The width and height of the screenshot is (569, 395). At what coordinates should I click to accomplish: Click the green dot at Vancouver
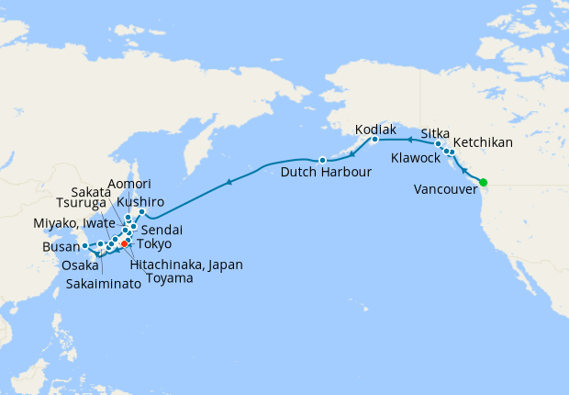pyautogui.click(x=483, y=181)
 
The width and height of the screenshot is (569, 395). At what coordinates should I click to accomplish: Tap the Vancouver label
pyautogui.click(x=446, y=189)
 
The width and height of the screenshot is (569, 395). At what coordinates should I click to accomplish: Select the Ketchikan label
pyautogui.click(x=483, y=142)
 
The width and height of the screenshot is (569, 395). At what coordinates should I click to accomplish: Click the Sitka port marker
pyautogui.click(x=439, y=144)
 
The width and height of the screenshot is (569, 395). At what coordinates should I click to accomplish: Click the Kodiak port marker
pyautogui.click(x=374, y=140)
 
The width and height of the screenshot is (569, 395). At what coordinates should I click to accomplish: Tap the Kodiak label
pyautogui.click(x=376, y=128)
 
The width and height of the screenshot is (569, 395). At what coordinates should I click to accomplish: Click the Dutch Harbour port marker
pyautogui.click(x=322, y=160)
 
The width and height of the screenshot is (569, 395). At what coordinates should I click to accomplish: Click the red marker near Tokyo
pyautogui.click(x=124, y=243)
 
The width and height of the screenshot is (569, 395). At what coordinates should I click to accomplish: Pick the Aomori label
pyautogui.click(x=129, y=184)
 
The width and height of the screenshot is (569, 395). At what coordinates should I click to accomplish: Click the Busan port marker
pyautogui.click(x=84, y=245)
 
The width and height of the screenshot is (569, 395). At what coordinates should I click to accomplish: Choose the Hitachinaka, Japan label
pyautogui.click(x=187, y=264)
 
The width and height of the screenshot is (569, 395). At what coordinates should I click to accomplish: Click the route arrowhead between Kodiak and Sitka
pyautogui.click(x=407, y=141)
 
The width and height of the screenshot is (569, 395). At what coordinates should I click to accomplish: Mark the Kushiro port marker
pyautogui.click(x=141, y=212)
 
